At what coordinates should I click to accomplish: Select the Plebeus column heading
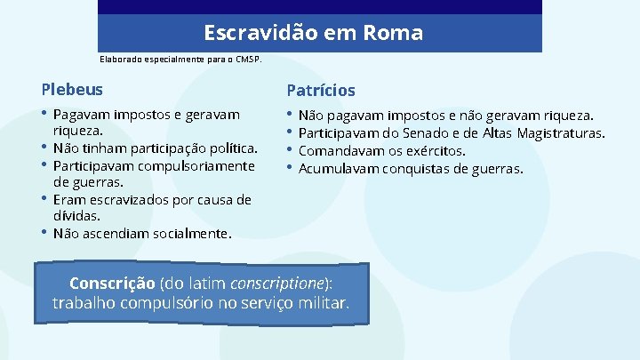click(x=72, y=89)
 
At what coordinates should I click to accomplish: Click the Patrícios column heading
click(x=321, y=90)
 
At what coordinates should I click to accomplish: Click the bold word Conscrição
click(x=112, y=284)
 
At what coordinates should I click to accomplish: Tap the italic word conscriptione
click(x=278, y=284)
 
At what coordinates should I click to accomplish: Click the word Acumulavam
click(x=339, y=168)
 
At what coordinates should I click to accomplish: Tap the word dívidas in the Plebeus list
click(x=76, y=215)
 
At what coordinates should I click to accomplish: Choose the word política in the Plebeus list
click(x=231, y=148)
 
